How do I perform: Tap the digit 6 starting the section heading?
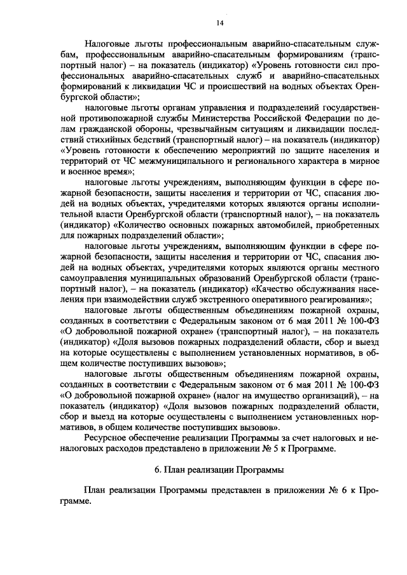(x=157, y=471)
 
